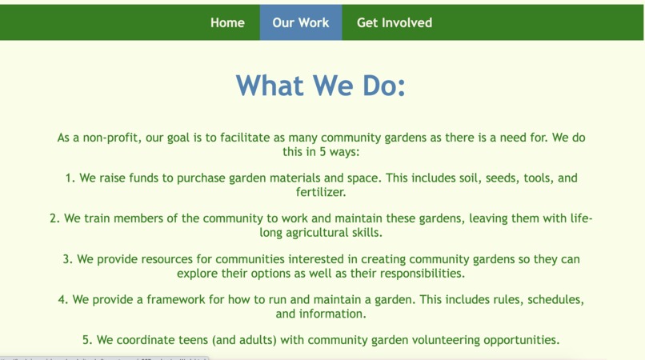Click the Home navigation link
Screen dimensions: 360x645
tap(227, 22)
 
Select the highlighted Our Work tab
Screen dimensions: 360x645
tap(300, 22)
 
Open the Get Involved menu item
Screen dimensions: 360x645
tap(394, 22)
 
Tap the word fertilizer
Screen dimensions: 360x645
tap(321, 192)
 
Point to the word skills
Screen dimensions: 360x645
tap(367, 233)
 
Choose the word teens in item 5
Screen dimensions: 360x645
tap(179, 340)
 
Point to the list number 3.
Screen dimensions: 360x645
tap(66, 259)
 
